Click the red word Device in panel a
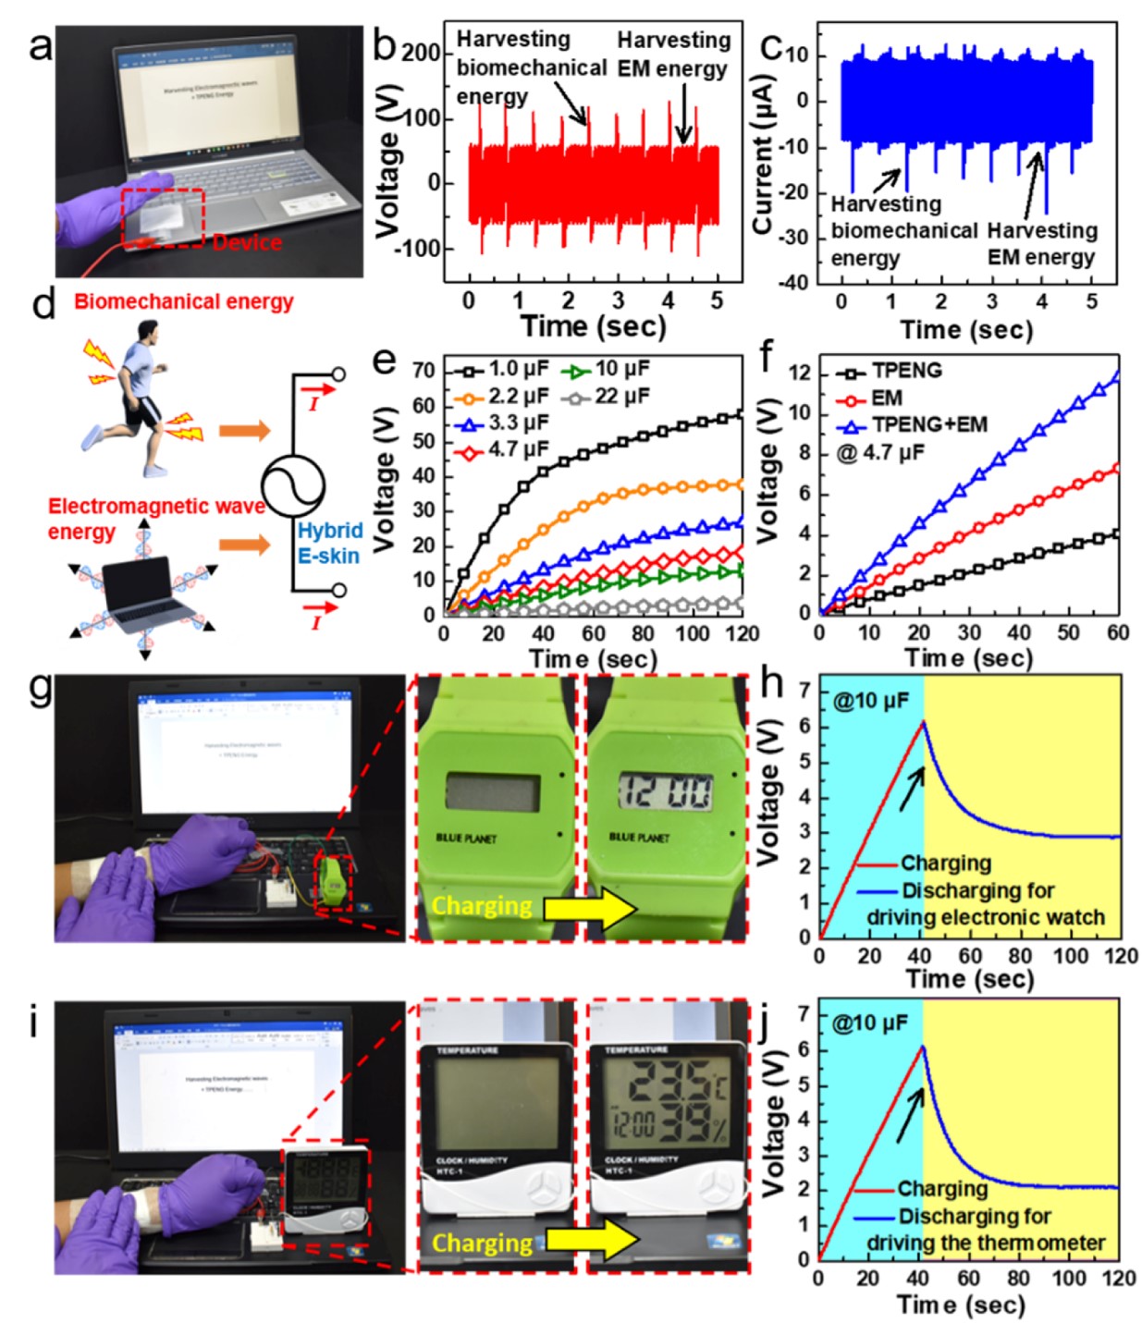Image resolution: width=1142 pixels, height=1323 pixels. tap(247, 243)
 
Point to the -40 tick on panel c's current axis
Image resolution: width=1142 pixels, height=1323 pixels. tap(795, 282)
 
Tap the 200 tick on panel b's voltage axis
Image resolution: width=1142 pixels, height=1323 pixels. tap(422, 54)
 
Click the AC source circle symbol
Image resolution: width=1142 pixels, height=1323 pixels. tap(292, 484)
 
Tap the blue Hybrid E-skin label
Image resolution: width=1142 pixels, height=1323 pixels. tap(329, 543)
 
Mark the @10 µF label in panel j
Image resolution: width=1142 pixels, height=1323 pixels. tap(870, 1023)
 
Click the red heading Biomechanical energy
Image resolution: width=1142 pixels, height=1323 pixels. tap(184, 301)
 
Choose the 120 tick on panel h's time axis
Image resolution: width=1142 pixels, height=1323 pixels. tap(1121, 955)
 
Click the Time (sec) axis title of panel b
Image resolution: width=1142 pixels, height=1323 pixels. tap(592, 326)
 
